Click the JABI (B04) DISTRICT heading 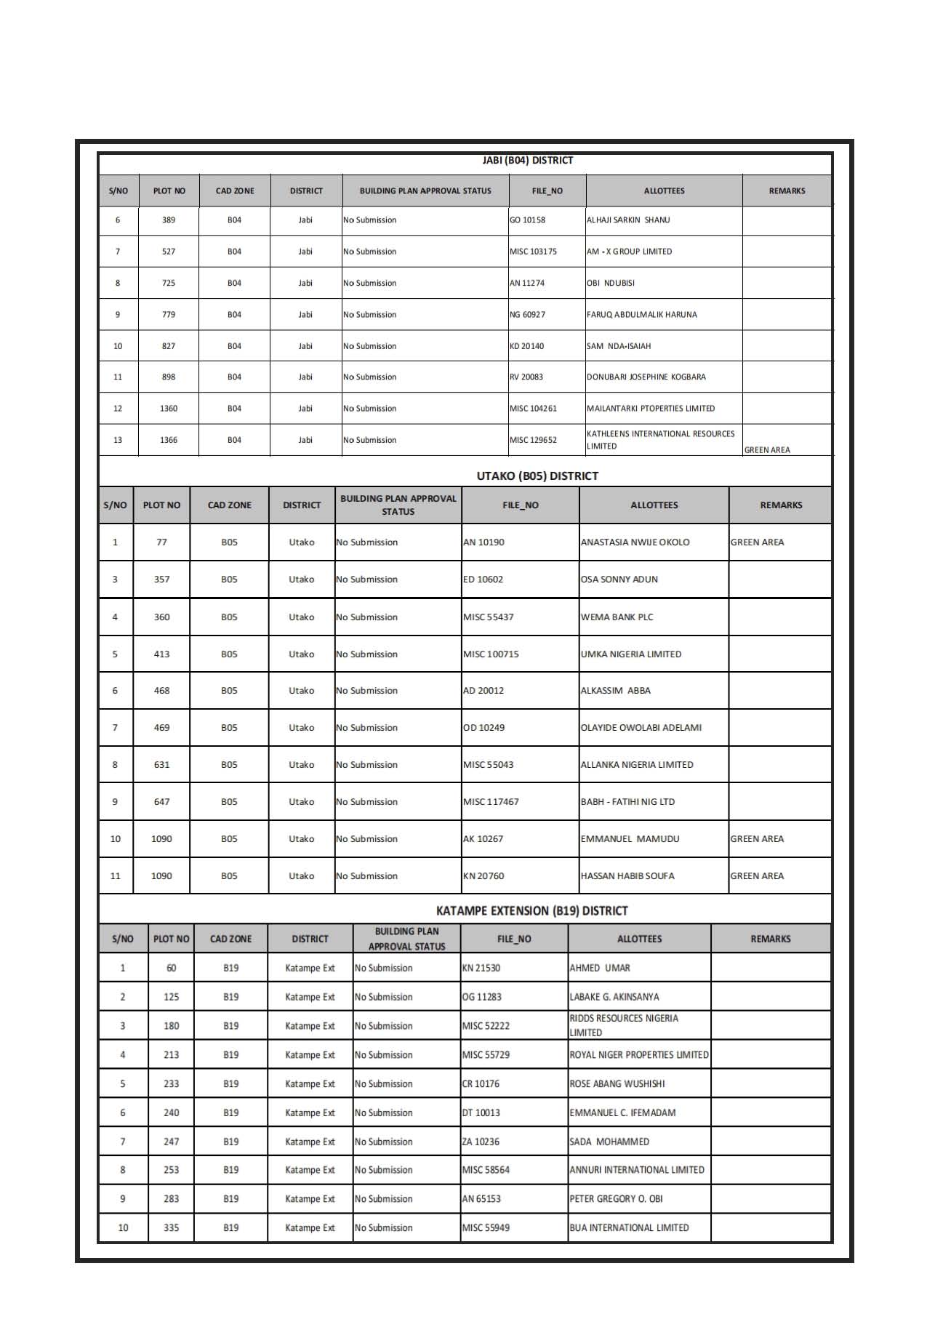pyautogui.click(x=527, y=161)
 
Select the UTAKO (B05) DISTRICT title pyautogui.click(x=537, y=476)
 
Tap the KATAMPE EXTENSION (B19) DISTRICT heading pyautogui.click(x=531, y=910)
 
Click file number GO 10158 pyautogui.click(x=527, y=220)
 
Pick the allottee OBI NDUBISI pyautogui.click(x=611, y=284)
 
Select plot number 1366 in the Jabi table pyautogui.click(x=169, y=440)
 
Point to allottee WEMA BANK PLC pyautogui.click(x=617, y=617)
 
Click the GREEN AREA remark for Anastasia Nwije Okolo pyautogui.click(x=757, y=542)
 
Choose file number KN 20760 pyautogui.click(x=483, y=876)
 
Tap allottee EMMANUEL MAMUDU pyautogui.click(x=630, y=839)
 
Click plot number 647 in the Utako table pyautogui.click(x=161, y=802)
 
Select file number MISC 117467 pyautogui.click(x=491, y=802)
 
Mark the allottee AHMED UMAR pyautogui.click(x=600, y=969)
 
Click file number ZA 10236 pyautogui.click(x=481, y=1142)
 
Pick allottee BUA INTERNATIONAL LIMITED pyautogui.click(x=629, y=1228)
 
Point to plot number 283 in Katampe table pyautogui.click(x=171, y=1199)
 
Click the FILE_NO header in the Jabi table pyautogui.click(x=547, y=191)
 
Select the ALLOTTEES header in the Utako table pyautogui.click(x=654, y=505)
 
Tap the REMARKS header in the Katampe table pyautogui.click(x=770, y=939)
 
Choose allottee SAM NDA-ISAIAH pyautogui.click(x=619, y=346)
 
